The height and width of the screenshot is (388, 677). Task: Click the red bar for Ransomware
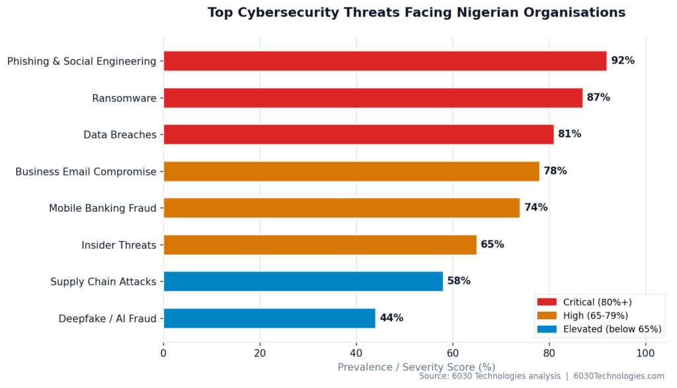(373, 98)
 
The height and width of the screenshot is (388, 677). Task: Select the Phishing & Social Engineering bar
(385, 61)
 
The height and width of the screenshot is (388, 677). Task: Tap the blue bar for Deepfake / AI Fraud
(269, 318)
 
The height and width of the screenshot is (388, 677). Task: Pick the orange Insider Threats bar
(320, 245)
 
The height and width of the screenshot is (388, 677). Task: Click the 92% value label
(623, 61)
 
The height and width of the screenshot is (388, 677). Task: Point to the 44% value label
(391, 318)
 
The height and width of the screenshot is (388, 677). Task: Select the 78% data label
(555, 171)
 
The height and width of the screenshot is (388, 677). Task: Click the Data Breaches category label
(120, 134)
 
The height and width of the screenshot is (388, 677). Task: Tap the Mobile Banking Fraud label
(102, 208)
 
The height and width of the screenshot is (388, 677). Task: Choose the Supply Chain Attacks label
(103, 281)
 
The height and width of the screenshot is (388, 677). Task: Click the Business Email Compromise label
(86, 171)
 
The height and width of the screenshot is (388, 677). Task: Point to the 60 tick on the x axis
(453, 354)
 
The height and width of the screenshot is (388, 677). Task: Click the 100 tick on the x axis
(646, 354)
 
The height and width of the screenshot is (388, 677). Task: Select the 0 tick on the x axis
(164, 354)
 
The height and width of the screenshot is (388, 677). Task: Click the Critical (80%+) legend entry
(597, 302)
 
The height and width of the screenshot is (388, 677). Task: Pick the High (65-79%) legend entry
(595, 315)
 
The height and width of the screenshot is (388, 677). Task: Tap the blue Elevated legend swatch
(547, 329)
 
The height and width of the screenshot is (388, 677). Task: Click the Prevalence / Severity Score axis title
(417, 367)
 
